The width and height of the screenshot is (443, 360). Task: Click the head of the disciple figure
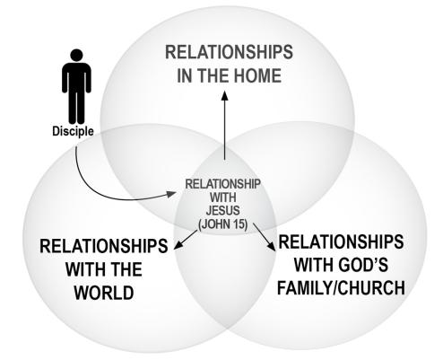click(76, 56)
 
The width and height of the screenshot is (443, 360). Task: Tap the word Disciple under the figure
click(73, 131)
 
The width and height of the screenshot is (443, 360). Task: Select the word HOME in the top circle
click(257, 75)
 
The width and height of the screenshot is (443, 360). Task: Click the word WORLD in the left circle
click(104, 293)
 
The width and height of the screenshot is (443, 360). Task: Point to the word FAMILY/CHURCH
click(341, 287)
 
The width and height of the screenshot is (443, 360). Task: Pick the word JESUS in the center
click(223, 211)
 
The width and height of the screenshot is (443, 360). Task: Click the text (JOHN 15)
click(223, 224)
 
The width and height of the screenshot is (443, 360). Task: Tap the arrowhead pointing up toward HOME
click(225, 96)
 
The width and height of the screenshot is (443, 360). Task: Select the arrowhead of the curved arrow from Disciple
click(171, 194)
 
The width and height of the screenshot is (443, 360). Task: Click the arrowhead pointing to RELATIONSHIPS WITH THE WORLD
click(178, 245)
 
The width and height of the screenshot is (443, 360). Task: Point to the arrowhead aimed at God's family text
click(272, 246)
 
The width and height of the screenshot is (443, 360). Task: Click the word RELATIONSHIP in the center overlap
click(223, 184)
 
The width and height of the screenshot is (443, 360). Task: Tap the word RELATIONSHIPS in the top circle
click(229, 52)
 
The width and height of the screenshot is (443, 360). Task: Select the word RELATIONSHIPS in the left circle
click(104, 246)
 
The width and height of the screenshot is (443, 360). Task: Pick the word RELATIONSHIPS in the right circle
click(341, 241)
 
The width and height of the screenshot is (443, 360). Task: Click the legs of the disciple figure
click(77, 108)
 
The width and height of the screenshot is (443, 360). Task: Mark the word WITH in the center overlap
click(223, 198)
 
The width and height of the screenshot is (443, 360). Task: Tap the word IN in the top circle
click(184, 75)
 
